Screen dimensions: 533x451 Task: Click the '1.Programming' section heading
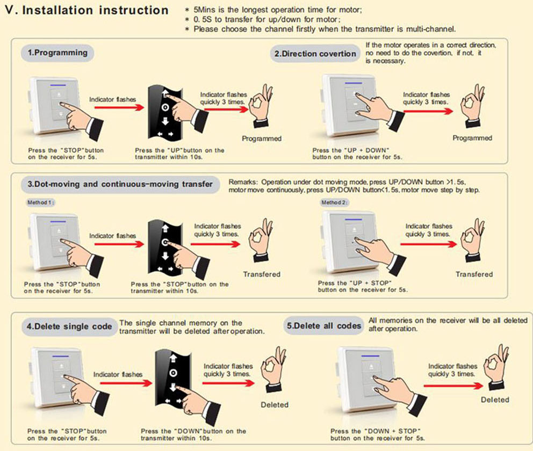(x=57, y=53)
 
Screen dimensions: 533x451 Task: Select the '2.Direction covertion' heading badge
(x=315, y=54)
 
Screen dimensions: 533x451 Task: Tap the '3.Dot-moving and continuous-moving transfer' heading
(x=120, y=184)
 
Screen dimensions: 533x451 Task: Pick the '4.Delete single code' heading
(x=69, y=326)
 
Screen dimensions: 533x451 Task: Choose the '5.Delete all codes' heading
(x=323, y=326)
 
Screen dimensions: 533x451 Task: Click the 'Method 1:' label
(x=40, y=202)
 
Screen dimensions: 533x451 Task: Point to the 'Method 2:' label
(x=335, y=202)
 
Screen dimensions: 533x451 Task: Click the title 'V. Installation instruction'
(x=87, y=10)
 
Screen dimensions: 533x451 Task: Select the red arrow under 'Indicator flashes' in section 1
(x=119, y=108)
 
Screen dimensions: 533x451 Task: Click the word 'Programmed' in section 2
(x=472, y=138)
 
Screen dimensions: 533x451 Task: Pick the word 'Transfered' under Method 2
(x=474, y=274)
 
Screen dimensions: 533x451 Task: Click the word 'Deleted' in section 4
(x=275, y=405)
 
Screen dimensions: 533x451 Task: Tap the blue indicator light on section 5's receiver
(x=370, y=356)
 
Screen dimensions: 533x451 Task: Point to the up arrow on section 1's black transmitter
(x=165, y=93)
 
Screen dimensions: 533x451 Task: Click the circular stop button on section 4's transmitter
(x=173, y=373)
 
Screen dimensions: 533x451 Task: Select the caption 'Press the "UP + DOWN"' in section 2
(x=351, y=150)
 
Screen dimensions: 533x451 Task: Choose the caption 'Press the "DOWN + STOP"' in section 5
(x=375, y=431)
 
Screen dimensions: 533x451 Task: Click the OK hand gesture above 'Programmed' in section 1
(x=261, y=106)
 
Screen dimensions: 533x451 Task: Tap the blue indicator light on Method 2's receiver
(x=354, y=220)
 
